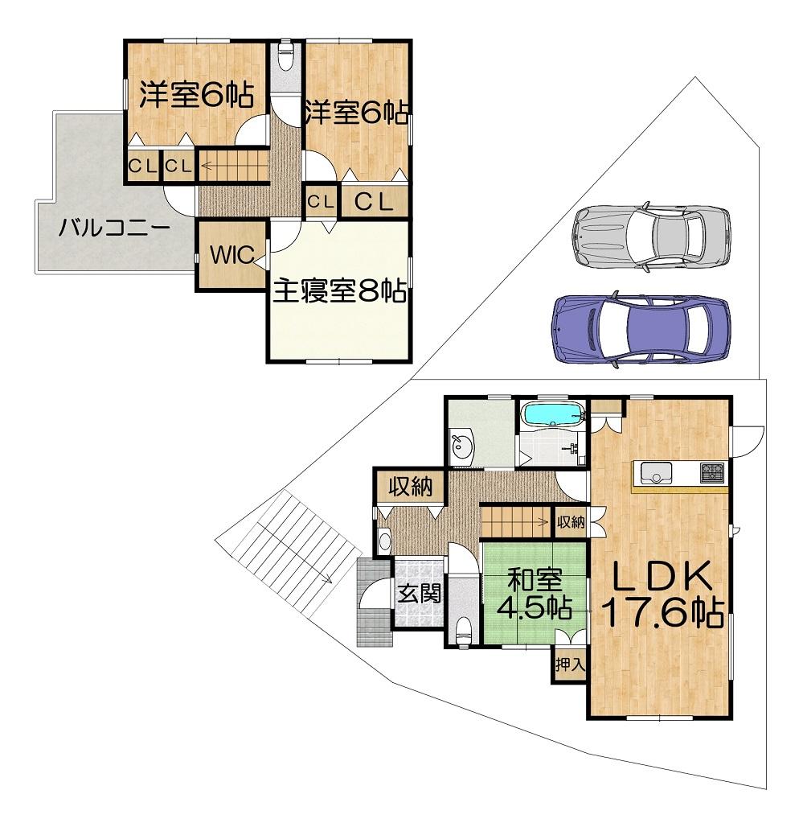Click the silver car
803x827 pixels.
click(x=651, y=235)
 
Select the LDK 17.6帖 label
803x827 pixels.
click(x=662, y=595)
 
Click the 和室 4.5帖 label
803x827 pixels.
click(x=535, y=594)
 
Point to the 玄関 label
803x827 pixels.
click(x=419, y=595)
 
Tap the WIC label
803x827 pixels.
click(x=233, y=255)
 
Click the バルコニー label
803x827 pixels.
click(x=114, y=229)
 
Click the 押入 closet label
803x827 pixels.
click(x=570, y=664)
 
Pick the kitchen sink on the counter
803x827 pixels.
click(x=656, y=472)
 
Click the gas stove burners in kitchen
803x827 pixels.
click(x=712, y=471)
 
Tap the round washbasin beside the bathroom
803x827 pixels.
click(x=462, y=449)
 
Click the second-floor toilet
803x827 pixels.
click(x=286, y=56)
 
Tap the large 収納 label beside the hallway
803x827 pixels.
click(x=411, y=487)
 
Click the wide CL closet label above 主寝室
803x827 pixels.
click(x=374, y=201)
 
